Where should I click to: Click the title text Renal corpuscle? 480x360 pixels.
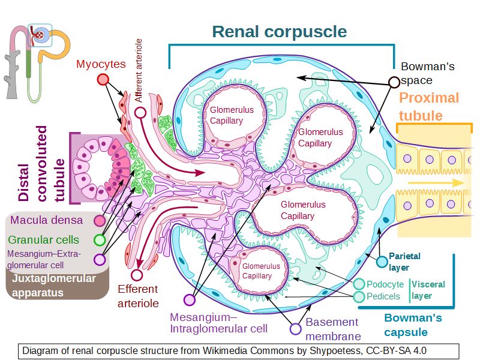tap(280, 31)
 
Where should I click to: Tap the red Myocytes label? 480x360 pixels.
tap(101, 64)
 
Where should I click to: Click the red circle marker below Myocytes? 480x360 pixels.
tap(103, 80)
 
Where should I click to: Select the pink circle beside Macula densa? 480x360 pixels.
tap(100, 220)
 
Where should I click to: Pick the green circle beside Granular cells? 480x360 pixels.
tap(100, 240)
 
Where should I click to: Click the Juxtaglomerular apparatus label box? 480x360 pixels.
tap(57, 286)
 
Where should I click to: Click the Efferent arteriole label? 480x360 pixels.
tap(138, 296)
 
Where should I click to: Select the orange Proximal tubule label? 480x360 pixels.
tap(429, 106)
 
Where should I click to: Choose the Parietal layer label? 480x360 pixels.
tap(404, 261)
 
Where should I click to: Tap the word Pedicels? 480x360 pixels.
tap(384, 296)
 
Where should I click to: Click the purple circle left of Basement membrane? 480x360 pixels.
tap(295, 328)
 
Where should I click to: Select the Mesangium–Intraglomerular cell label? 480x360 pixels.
tap(218, 323)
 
